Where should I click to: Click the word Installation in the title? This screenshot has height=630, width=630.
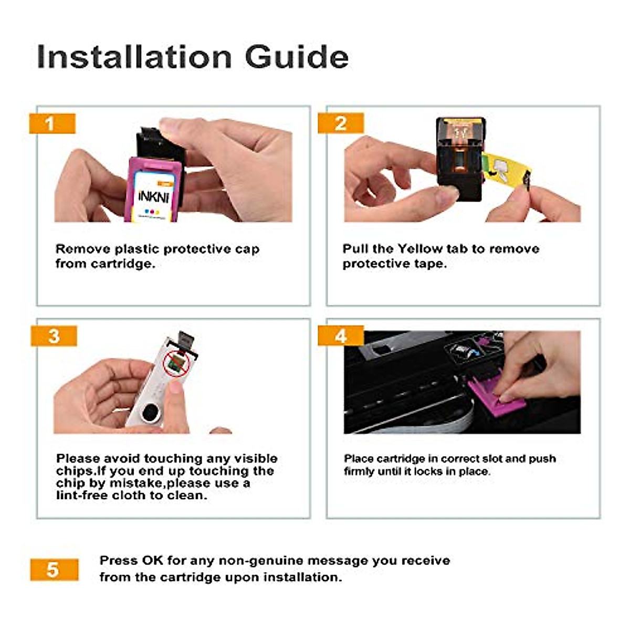pos(134,56)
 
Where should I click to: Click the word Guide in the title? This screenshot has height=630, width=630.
pos(297,56)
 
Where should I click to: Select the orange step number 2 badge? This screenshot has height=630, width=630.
pos(341,124)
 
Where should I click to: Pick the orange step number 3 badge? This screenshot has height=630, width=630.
pos(54,336)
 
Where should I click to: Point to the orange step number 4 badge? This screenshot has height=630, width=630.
pos(341,336)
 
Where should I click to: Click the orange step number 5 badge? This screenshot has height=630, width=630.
pos(54,570)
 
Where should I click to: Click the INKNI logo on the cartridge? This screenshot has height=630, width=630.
pos(153,196)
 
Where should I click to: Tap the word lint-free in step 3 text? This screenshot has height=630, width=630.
pos(81,495)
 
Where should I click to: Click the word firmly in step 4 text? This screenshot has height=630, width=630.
pos(359,471)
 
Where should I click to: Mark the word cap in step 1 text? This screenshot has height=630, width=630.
pos(247,250)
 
